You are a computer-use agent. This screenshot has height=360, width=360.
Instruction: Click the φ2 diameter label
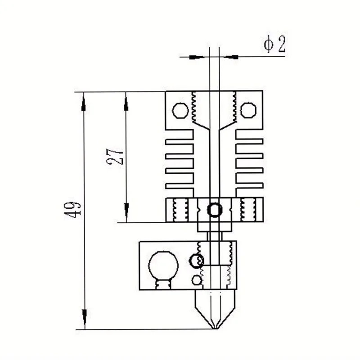[274, 45]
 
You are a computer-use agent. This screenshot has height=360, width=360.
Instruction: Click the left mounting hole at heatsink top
[180, 110]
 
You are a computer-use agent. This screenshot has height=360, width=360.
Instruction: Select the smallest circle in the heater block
[196, 280]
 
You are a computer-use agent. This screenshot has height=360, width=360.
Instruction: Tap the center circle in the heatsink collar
[215, 209]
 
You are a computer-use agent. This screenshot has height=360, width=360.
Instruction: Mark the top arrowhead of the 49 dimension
[84, 101]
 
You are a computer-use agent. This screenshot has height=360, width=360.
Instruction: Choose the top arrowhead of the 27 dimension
[126, 101]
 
